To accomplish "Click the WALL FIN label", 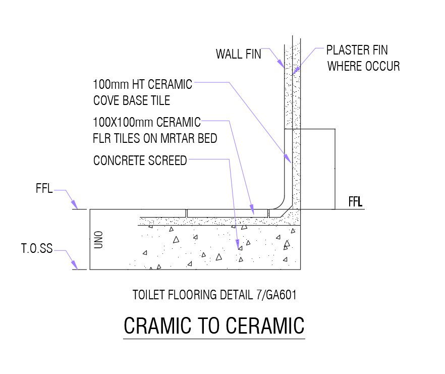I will (238, 54).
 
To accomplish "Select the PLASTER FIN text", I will (357, 50).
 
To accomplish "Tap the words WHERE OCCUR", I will (363, 66).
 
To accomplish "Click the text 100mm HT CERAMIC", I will (143, 84).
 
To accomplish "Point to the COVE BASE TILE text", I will (132, 100).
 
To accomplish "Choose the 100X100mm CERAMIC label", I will (147, 122).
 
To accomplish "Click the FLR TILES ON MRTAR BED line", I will (155, 138).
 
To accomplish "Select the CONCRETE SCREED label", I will (140, 161).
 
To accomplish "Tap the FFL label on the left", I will (44, 191).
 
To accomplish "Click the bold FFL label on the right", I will (356, 202).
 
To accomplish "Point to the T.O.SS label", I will (36, 249).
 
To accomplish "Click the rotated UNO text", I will (99, 239).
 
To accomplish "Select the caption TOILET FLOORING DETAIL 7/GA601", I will (214, 295).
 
